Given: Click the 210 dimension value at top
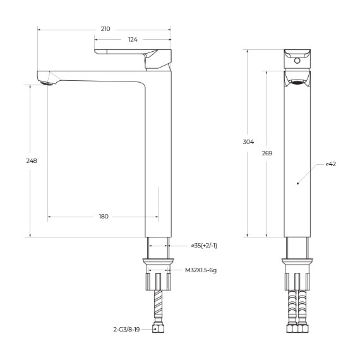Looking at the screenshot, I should [x=105, y=29].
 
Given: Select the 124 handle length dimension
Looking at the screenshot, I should [x=133, y=40].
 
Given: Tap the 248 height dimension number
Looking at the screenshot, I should [x=32, y=160].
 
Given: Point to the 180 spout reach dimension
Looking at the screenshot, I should [x=104, y=217].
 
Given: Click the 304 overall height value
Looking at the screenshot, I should [x=248, y=141].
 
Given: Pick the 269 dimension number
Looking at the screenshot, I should [x=267, y=153].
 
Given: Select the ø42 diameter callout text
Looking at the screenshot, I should [x=330, y=164].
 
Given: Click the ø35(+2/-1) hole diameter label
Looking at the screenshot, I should [x=203, y=245].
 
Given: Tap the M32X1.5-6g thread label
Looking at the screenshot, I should [x=201, y=270].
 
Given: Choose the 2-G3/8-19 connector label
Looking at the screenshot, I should [x=127, y=329].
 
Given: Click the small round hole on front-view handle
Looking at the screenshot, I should [x=297, y=63].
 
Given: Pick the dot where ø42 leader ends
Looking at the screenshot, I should [x=297, y=183].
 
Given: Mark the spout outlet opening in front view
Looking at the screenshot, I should [x=297, y=78].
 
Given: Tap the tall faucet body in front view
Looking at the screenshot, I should [x=297, y=158].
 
